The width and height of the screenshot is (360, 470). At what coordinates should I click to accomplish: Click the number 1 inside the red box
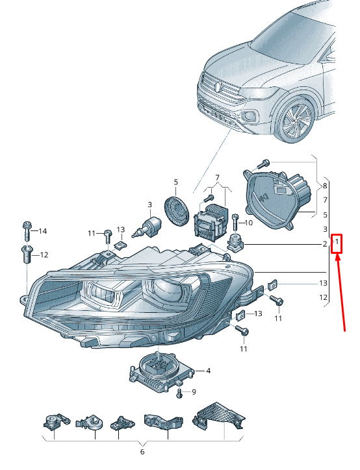tap(337, 241)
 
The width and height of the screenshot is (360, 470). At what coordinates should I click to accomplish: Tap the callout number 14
tap(43, 231)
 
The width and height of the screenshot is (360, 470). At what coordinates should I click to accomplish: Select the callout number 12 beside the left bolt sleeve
tap(44, 254)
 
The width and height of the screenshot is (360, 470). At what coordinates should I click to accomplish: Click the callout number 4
tap(208, 371)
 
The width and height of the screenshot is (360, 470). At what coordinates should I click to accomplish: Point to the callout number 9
tap(194, 391)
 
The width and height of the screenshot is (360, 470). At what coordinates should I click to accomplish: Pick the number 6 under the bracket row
tap(142, 452)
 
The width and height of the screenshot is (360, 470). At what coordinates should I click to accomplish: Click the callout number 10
tap(249, 223)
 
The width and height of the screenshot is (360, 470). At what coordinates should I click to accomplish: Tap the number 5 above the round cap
tap(176, 182)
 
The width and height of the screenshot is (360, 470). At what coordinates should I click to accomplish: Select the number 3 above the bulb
tap(149, 204)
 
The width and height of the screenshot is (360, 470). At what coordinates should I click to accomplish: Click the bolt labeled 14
tap(27, 231)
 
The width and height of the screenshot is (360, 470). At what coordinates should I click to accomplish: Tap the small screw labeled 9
tap(179, 393)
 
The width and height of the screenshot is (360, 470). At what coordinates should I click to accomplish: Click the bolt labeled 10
tap(235, 223)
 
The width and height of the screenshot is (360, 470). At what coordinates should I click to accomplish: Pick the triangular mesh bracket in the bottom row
tap(218, 417)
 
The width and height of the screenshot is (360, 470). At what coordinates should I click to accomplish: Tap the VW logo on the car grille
tap(218, 87)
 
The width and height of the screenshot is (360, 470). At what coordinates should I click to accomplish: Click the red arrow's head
tap(338, 257)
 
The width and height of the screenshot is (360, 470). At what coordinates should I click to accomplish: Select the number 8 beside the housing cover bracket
tap(325, 186)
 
